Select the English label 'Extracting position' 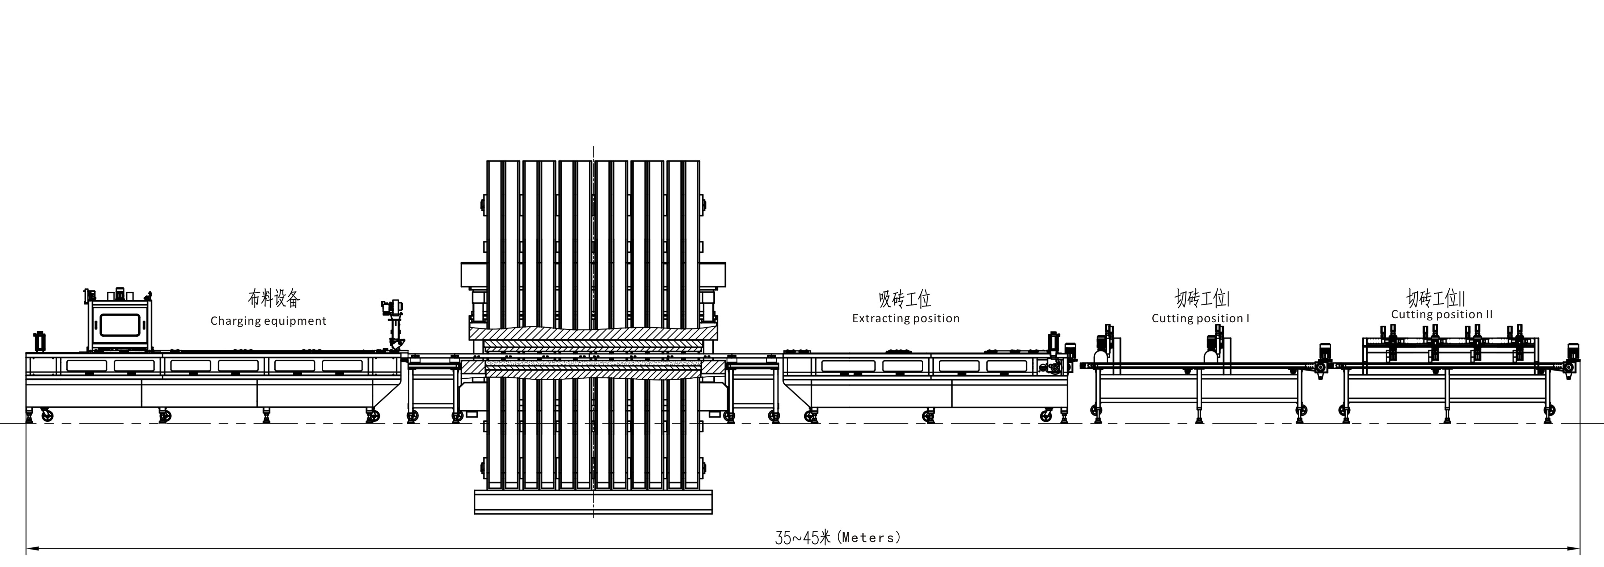coord(906,318)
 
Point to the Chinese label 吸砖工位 coord(905,299)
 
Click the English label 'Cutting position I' coord(1200,318)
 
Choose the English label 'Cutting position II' coord(1442,315)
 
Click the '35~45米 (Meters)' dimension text coord(837,537)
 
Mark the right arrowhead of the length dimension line coord(1574,549)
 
